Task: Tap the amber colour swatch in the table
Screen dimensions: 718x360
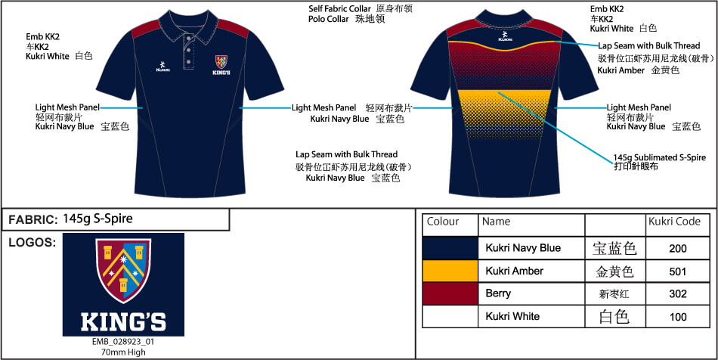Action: point(450,272)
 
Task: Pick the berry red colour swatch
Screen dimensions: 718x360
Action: point(450,293)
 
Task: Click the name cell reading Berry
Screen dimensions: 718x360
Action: point(498,293)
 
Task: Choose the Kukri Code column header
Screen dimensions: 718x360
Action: point(674,222)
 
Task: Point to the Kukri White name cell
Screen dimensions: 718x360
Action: point(512,316)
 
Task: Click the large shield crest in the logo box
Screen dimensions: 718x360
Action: point(123,271)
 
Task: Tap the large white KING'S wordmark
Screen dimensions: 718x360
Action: point(123,321)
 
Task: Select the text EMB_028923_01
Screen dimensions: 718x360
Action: point(123,342)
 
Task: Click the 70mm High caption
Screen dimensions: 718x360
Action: point(123,352)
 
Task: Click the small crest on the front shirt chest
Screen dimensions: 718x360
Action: point(221,62)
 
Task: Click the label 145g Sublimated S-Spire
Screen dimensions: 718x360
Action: point(659,157)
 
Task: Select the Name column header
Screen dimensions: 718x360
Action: point(496,222)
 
